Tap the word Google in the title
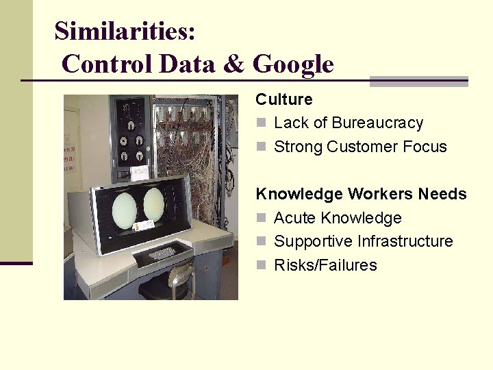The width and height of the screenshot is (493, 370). tap(293, 64)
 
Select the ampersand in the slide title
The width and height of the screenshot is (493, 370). tap(233, 64)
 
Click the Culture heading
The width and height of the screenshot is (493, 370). tap(283, 99)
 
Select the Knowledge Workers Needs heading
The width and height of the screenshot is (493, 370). tap(361, 194)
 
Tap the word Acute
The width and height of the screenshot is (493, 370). tap(295, 218)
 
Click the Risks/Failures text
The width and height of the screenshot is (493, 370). tap(325, 265)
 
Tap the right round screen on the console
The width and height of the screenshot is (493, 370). tap(154, 204)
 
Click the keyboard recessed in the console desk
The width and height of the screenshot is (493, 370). tap(162, 253)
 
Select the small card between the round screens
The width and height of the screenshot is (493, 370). tap(144, 225)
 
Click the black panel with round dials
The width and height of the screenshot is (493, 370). tap(130, 130)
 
